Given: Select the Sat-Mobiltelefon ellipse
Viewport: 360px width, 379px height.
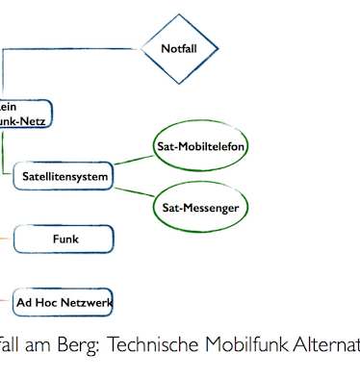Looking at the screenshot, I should (x=200, y=147).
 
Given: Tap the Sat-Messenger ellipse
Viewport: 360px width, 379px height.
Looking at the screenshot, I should (x=200, y=207).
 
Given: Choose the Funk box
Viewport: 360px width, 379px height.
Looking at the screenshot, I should (x=65, y=239).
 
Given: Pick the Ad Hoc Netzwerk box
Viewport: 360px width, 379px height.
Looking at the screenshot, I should (x=64, y=303).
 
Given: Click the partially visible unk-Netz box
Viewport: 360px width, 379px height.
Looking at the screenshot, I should (x=23, y=114).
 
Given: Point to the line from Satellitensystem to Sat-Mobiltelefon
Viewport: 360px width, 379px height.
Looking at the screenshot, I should (x=133, y=160).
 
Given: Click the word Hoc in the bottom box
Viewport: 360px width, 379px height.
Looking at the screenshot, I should (x=51, y=303).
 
